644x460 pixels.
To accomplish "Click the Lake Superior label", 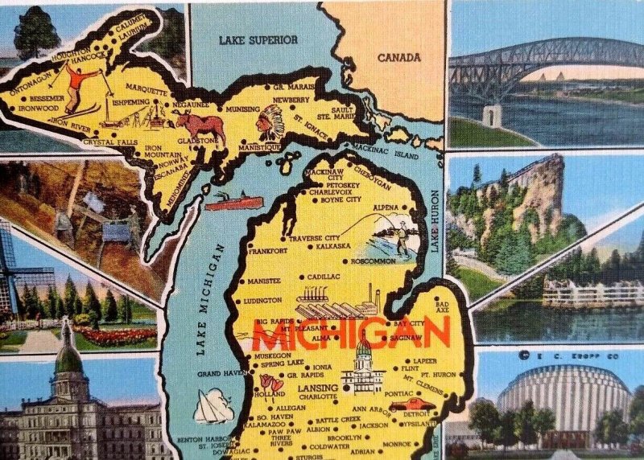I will click(x=258, y=39).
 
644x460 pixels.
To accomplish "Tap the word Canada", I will click(x=399, y=57).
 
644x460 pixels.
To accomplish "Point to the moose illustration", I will click(x=200, y=126).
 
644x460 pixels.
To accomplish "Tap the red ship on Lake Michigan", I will click(x=233, y=201).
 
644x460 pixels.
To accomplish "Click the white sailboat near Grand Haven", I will click(x=213, y=406).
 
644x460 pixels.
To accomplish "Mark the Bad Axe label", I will click(x=442, y=306).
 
